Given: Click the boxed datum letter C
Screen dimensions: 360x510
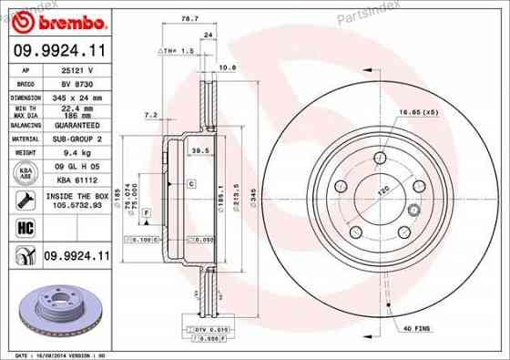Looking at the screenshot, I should point(192,184).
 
